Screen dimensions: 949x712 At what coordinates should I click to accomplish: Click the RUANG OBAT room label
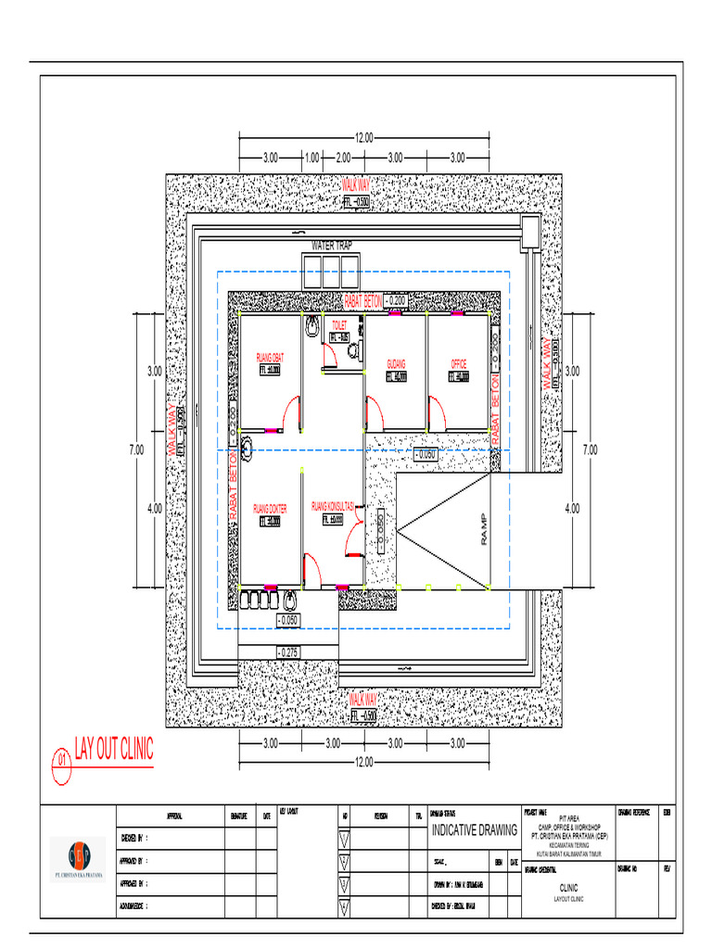click(x=270, y=356)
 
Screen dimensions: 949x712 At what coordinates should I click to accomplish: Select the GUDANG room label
click(x=396, y=363)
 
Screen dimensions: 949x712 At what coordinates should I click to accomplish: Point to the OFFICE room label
click(x=459, y=363)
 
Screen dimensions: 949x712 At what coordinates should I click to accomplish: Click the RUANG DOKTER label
click(x=270, y=509)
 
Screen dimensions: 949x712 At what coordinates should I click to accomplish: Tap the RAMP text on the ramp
click(x=482, y=529)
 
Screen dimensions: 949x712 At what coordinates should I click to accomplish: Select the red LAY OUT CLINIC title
click(x=114, y=750)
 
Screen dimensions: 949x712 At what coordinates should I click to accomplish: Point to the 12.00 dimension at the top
click(x=362, y=137)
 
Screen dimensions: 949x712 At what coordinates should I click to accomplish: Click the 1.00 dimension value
click(x=312, y=158)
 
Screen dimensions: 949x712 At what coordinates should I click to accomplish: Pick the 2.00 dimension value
click(x=343, y=158)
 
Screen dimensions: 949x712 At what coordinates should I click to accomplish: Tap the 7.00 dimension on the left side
click(x=136, y=449)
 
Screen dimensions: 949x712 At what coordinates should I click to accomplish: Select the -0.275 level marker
click(x=287, y=652)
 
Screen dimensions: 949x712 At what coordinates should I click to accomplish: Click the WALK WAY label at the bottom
click(x=362, y=696)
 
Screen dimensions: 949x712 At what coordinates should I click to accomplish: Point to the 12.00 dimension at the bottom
click(x=362, y=762)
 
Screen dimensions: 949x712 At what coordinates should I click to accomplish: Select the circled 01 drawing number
click(x=62, y=760)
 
